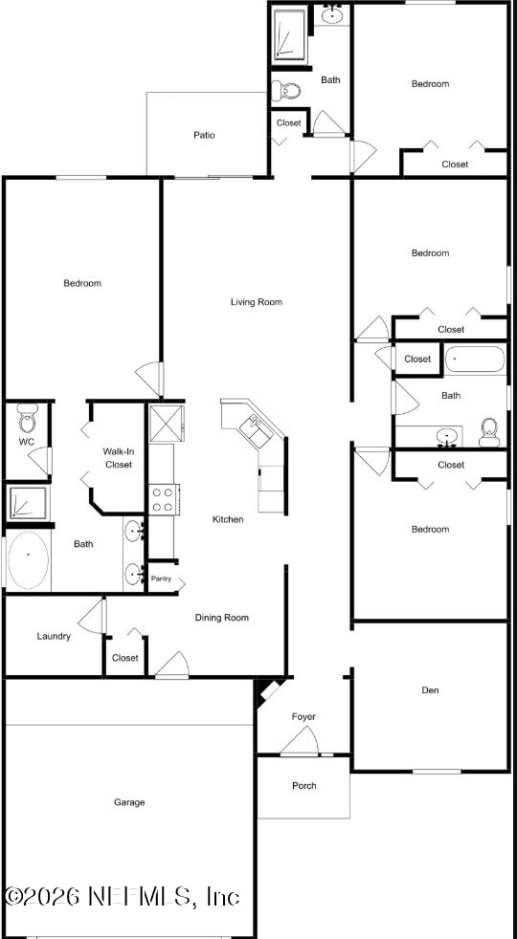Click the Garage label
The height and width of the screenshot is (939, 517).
tap(129, 802)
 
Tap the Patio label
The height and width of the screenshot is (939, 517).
tap(204, 135)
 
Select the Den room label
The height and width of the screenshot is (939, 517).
tap(430, 689)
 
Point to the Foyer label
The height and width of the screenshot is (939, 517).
tap(303, 716)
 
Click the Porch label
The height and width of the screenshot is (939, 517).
tap(303, 786)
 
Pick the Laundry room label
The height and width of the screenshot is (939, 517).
tap(54, 636)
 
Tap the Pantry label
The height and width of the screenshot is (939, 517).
tap(161, 579)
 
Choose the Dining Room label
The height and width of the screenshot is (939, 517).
tap(222, 618)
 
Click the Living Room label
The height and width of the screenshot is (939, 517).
tap(257, 302)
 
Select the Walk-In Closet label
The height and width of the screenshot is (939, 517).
tap(118, 457)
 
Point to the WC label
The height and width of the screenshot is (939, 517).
tap(26, 442)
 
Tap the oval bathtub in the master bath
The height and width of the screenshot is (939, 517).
tap(28, 559)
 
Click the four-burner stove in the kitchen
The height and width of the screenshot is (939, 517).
tap(162, 498)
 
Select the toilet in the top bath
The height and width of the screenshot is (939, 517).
tap(286, 92)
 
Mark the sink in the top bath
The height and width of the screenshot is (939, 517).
tap(332, 14)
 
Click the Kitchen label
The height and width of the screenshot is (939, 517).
tap(228, 519)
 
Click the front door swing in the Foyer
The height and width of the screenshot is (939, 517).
tap(300, 742)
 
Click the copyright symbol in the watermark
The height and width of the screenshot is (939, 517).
tap(13, 897)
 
